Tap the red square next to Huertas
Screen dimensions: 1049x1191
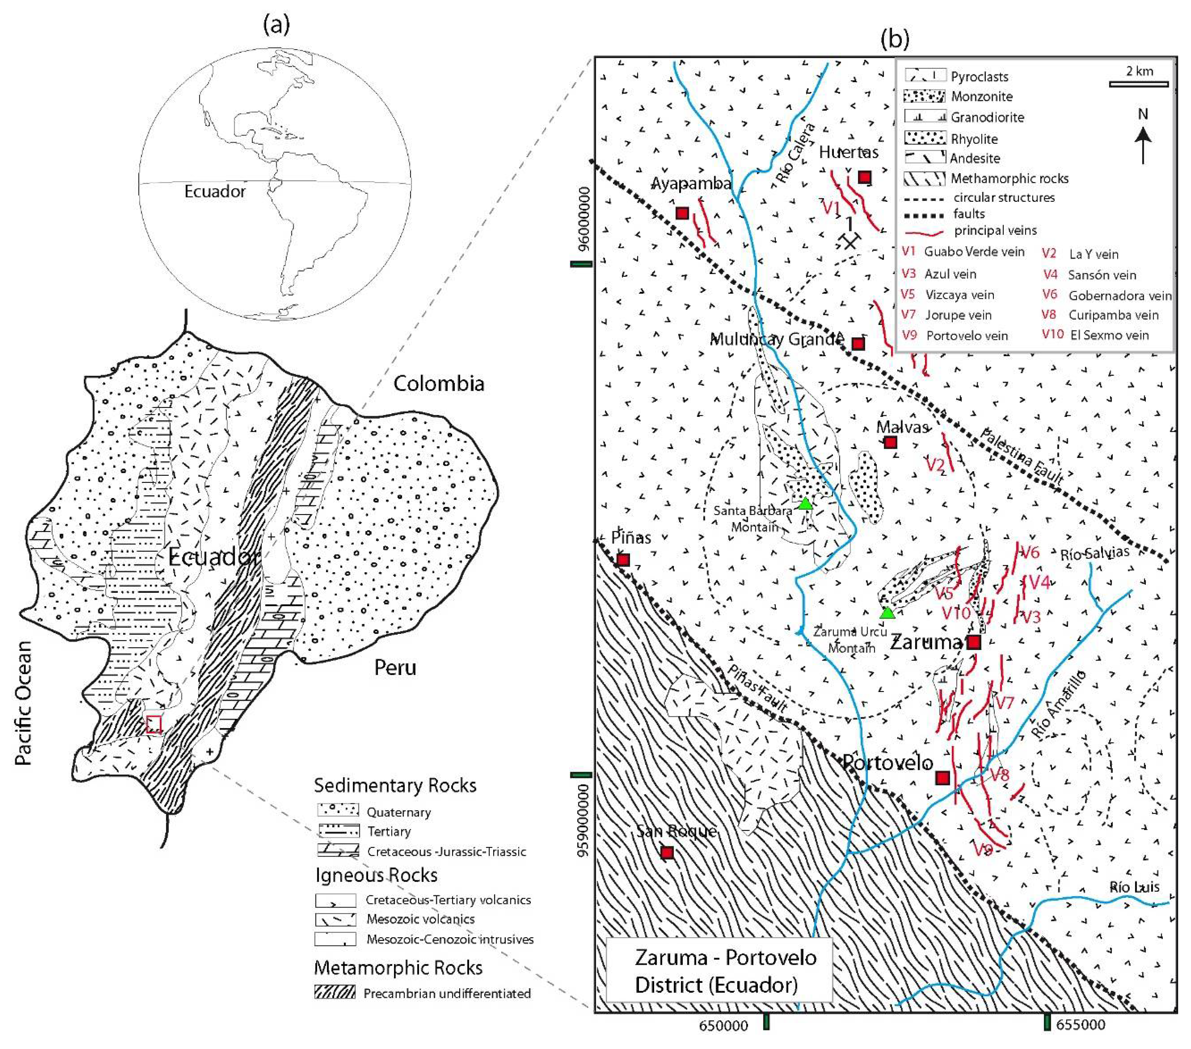coord(865,177)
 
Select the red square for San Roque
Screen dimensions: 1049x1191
coord(667,852)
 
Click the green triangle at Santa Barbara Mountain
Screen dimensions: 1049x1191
coord(805,504)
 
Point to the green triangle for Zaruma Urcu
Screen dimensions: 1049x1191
coord(887,613)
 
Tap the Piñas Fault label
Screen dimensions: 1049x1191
coord(758,688)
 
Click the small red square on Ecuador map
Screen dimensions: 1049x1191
coord(154,724)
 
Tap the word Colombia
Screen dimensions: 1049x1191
coord(439,384)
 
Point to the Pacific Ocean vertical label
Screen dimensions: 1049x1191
coord(23,703)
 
